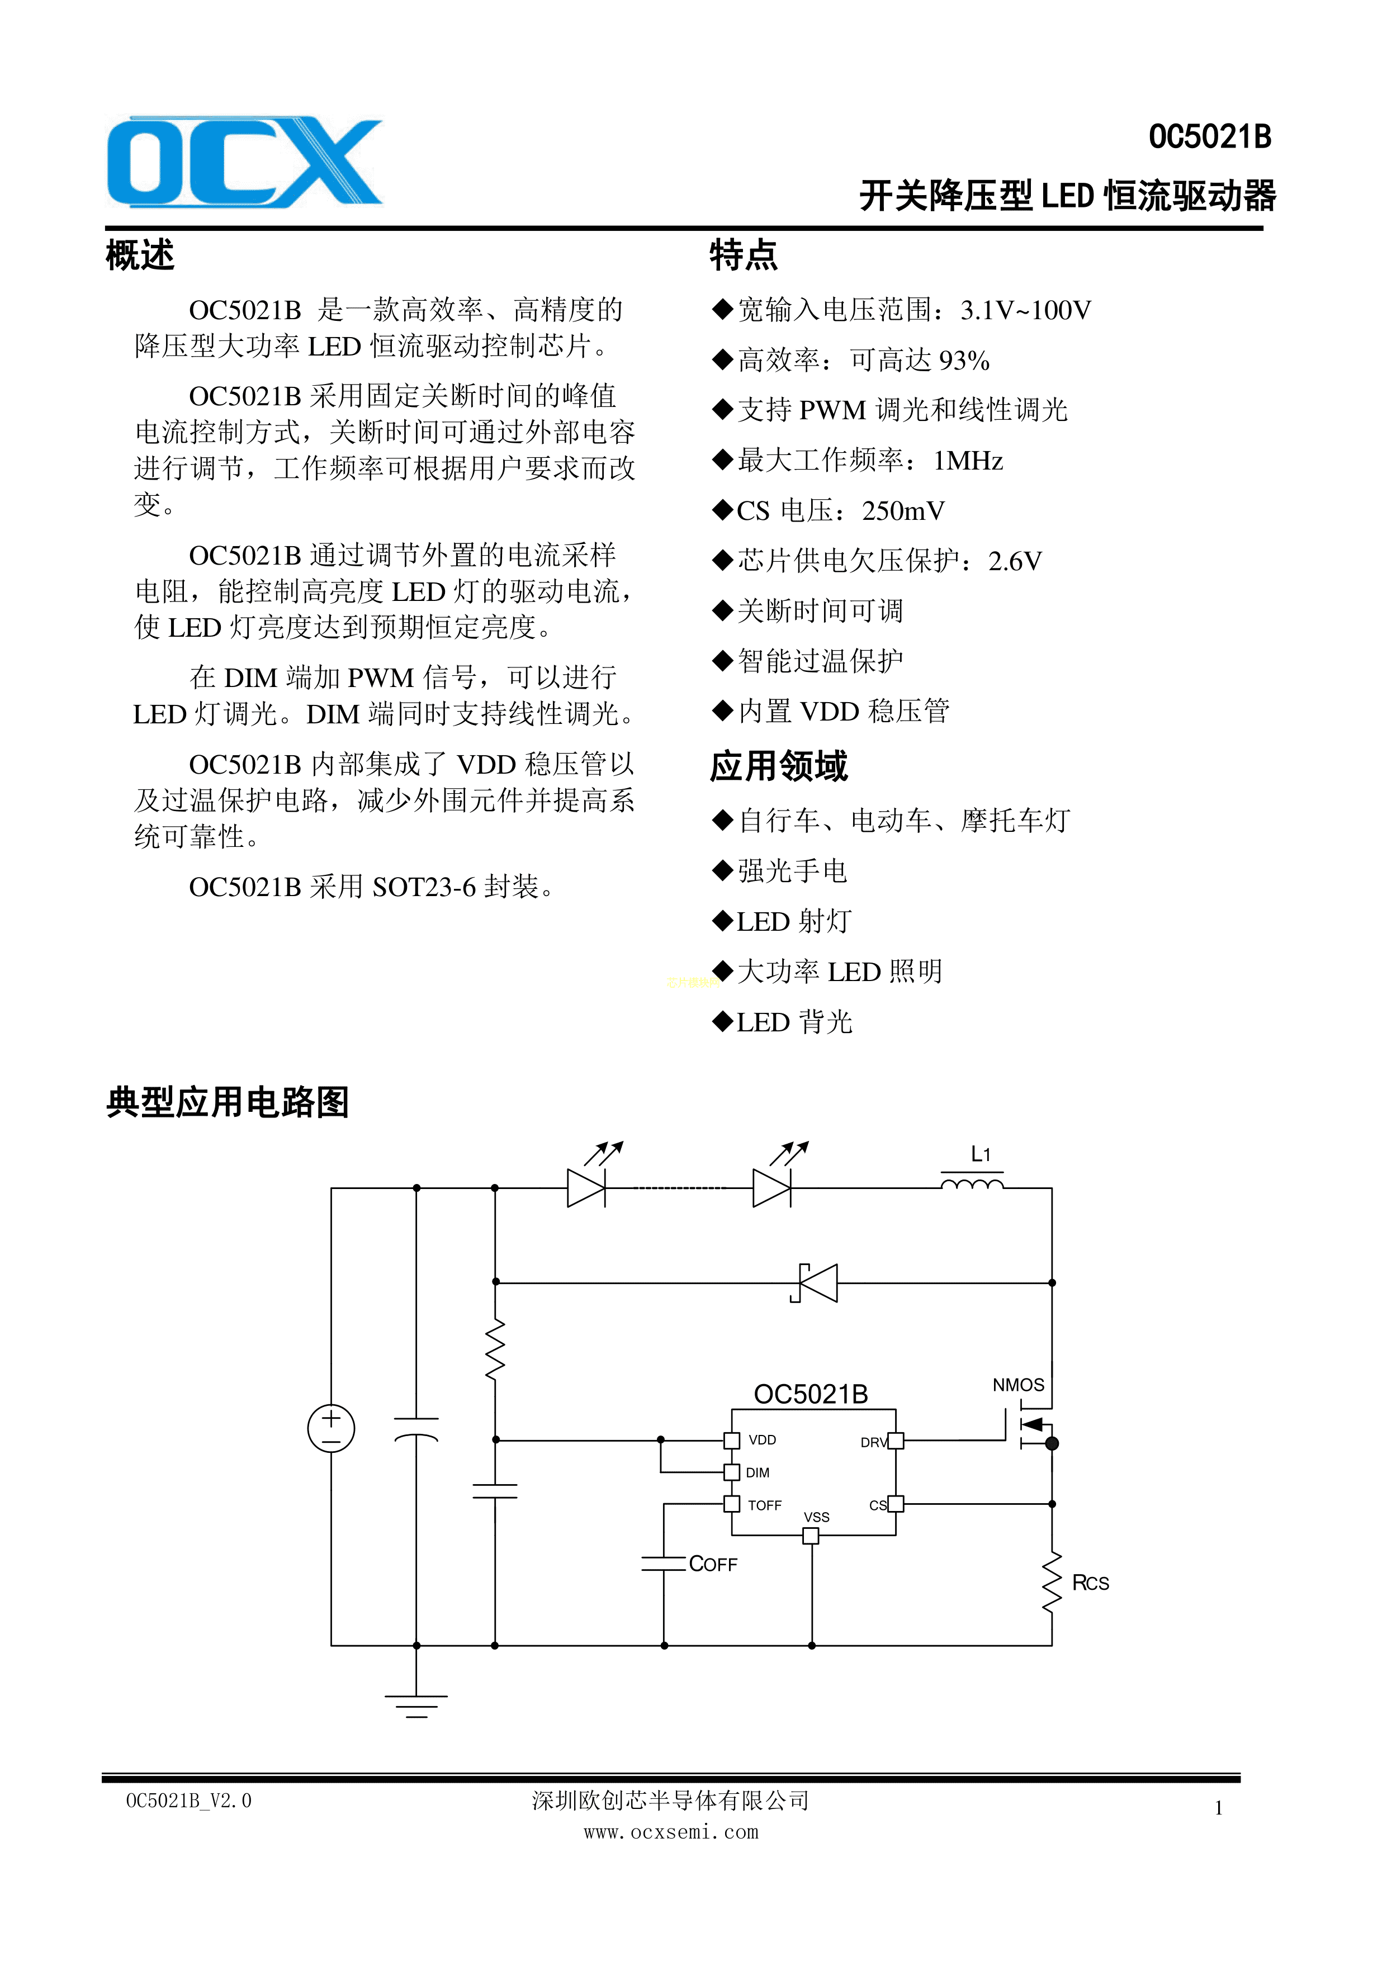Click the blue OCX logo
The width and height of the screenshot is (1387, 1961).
point(244,162)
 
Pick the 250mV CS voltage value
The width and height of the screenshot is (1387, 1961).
point(903,511)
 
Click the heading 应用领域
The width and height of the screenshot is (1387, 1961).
point(778,766)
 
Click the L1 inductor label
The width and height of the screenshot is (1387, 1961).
point(981,1155)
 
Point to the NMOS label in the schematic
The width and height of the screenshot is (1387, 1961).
point(1018,1385)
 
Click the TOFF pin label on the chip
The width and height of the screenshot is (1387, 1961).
point(764,1506)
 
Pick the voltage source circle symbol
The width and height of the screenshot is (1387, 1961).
point(332,1428)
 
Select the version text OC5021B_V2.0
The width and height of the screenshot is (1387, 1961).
point(189,1801)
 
